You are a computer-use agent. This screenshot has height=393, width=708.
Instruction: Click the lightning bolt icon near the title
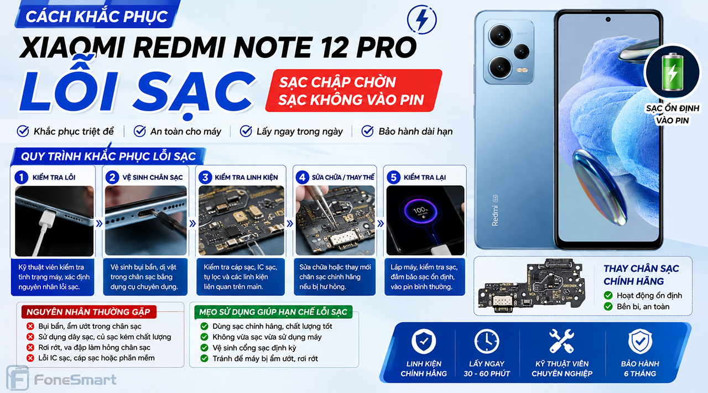pos(422,19)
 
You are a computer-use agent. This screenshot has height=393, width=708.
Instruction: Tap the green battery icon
pos(672,72)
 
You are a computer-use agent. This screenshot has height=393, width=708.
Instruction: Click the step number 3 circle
pos(205,177)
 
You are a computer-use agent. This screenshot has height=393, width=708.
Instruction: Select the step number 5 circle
pos(393,177)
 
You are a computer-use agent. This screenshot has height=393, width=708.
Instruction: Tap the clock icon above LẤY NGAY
pos(487,341)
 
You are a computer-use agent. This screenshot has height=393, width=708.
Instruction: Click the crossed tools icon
pos(561,341)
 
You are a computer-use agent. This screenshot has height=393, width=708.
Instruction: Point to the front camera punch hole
pos(608,19)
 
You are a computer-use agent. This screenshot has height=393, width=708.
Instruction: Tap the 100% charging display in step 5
pos(421,211)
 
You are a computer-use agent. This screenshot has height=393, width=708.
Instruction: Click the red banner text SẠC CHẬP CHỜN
pos(337,82)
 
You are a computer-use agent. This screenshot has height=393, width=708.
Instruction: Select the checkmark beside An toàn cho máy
pos(139,131)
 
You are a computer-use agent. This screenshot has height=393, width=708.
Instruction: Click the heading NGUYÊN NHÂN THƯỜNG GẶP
pos(88,312)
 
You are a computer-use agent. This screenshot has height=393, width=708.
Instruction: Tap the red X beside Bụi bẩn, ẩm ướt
pos(30,326)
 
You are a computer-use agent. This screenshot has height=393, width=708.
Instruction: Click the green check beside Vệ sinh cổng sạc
pos(204,348)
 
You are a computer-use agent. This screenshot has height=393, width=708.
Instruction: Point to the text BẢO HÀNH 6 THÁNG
pos(640,369)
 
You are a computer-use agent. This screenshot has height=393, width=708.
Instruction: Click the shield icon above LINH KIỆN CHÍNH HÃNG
pos(424,341)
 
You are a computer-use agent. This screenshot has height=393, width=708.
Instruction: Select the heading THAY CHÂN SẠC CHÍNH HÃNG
pos(641,275)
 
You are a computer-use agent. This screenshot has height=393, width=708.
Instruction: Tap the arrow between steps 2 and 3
pos(192,224)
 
